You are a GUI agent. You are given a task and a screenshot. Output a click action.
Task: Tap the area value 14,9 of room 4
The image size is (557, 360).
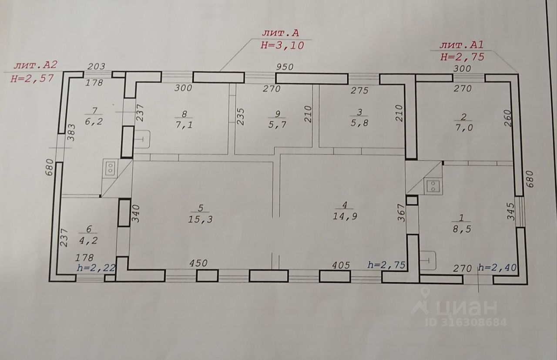click(x=346, y=216)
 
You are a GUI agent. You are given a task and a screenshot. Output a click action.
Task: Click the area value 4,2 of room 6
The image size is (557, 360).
click(x=85, y=239)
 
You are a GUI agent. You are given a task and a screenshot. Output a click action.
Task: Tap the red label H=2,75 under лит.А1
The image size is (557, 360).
click(x=462, y=56)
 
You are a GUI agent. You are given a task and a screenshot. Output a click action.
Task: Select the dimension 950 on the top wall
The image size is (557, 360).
click(x=285, y=67)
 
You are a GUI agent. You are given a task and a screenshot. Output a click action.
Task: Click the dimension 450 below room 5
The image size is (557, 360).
click(x=198, y=263)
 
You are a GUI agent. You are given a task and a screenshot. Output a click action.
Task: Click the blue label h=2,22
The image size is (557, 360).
click(x=95, y=268)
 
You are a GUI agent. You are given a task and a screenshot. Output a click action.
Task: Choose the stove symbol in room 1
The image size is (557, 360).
click(x=433, y=186)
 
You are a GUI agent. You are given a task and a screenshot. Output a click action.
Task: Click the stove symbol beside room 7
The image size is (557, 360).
click(x=111, y=168)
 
